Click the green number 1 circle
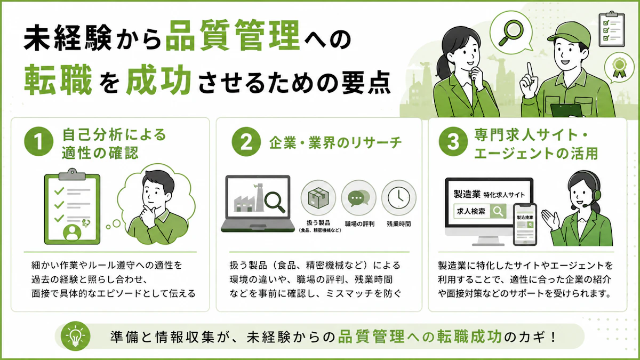(x=38, y=141)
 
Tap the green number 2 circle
(x=246, y=142)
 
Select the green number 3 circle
(x=453, y=142)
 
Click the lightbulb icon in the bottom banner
(x=75, y=337)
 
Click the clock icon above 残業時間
(x=399, y=198)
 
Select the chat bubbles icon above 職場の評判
(x=358, y=198)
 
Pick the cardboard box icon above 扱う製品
(x=318, y=198)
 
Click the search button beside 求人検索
(x=498, y=211)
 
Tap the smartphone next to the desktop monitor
(x=525, y=225)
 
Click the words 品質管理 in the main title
(x=233, y=36)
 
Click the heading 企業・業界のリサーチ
(x=335, y=142)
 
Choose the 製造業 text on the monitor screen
(x=467, y=194)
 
